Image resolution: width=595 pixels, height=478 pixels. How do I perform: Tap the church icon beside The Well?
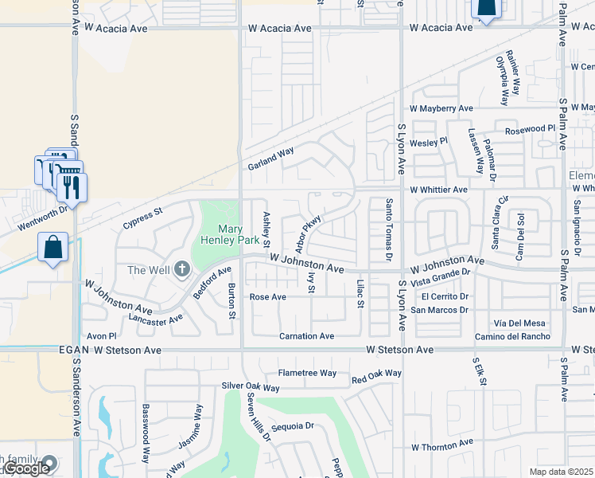(x=182, y=270)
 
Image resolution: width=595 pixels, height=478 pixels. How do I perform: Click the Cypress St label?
(x=142, y=219)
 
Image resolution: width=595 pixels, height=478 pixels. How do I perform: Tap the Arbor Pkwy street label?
(x=309, y=231)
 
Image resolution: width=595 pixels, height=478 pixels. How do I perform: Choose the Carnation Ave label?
(x=306, y=336)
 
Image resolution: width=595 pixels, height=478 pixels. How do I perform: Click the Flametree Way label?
(x=307, y=373)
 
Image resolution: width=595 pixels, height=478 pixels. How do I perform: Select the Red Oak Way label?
(x=376, y=373)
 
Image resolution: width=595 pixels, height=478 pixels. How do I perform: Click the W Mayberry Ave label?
(x=441, y=108)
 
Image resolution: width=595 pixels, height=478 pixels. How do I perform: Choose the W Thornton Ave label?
(x=441, y=441)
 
